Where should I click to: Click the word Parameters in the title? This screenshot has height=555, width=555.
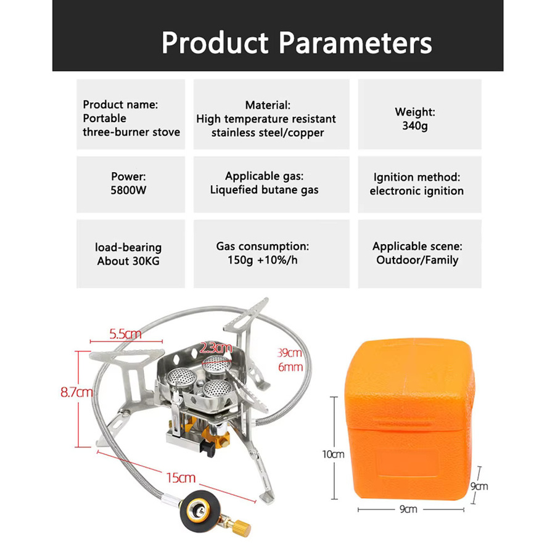click(355, 43)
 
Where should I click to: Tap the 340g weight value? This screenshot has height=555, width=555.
click(415, 126)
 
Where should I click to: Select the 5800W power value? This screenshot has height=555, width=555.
click(128, 190)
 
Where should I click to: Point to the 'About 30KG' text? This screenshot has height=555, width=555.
click(128, 261)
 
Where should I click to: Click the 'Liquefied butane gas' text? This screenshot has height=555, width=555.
click(264, 190)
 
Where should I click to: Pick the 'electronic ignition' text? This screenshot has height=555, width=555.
click(417, 191)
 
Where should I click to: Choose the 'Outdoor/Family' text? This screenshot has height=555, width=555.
click(417, 260)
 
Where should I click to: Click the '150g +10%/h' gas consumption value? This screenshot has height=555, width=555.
click(262, 260)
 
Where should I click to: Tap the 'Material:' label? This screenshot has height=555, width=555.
click(268, 105)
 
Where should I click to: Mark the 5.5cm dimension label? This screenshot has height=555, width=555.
click(125, 334)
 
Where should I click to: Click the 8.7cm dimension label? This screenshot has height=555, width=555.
click(76, 392)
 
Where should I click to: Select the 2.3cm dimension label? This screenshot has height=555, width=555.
click(216, 348)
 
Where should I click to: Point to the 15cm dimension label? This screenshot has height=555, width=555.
click(181, 478)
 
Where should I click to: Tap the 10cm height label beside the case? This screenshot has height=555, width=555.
click(333, 454)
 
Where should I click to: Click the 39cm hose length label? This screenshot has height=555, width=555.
click(290, 353)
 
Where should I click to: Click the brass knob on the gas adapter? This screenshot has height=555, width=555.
click(242, 527)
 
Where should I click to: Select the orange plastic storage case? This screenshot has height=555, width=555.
click(410, 419)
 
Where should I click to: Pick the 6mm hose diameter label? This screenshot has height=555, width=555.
click(290, 367)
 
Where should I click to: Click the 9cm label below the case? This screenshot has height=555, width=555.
click(408, 509)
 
